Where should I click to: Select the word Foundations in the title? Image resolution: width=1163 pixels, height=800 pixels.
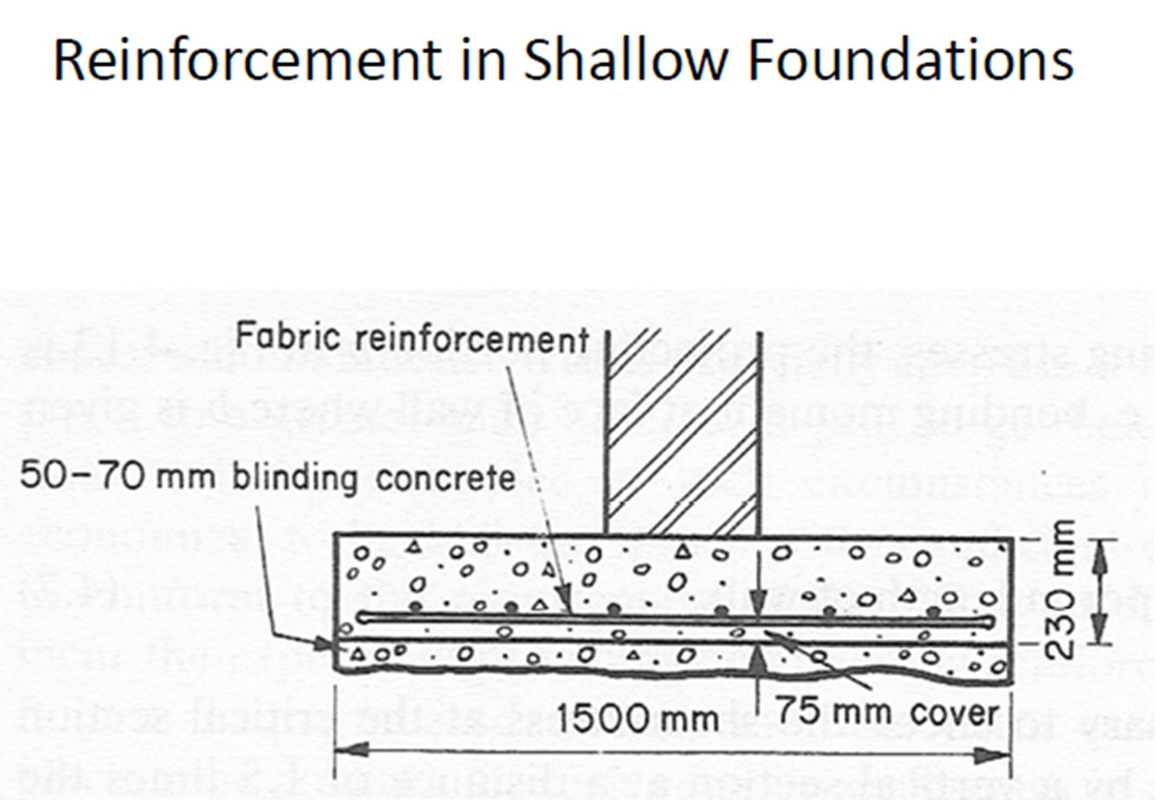(x=909, y=61)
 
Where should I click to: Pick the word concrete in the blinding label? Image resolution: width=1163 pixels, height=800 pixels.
(x=451, y=478)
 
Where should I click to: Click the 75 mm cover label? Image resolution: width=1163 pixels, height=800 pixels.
(x=886, y=712)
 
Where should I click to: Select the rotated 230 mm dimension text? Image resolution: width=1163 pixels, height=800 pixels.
(x=1061, y=590)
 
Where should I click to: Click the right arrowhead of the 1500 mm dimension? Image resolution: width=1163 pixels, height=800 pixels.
(x=1002, y=756)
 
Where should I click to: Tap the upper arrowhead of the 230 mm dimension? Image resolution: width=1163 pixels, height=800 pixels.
(x=1098, y=548)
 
